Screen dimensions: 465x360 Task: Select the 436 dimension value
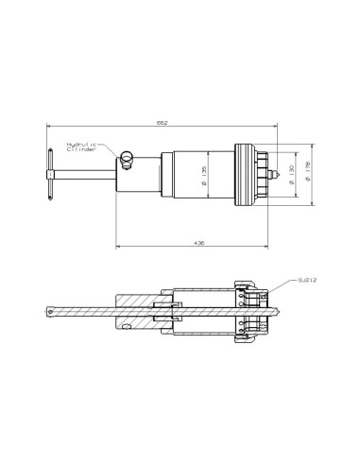click(x=198, y=242)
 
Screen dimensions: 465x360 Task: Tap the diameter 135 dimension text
click(x=205, y=175)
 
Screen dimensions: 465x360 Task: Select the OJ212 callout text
click(x=307, y=280)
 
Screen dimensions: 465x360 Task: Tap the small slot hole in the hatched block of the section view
click(x=126, y=327)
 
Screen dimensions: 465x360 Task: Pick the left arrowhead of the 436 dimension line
click(x=119, y=248)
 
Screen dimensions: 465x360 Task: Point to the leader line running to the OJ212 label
click(x=282, y=284)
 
